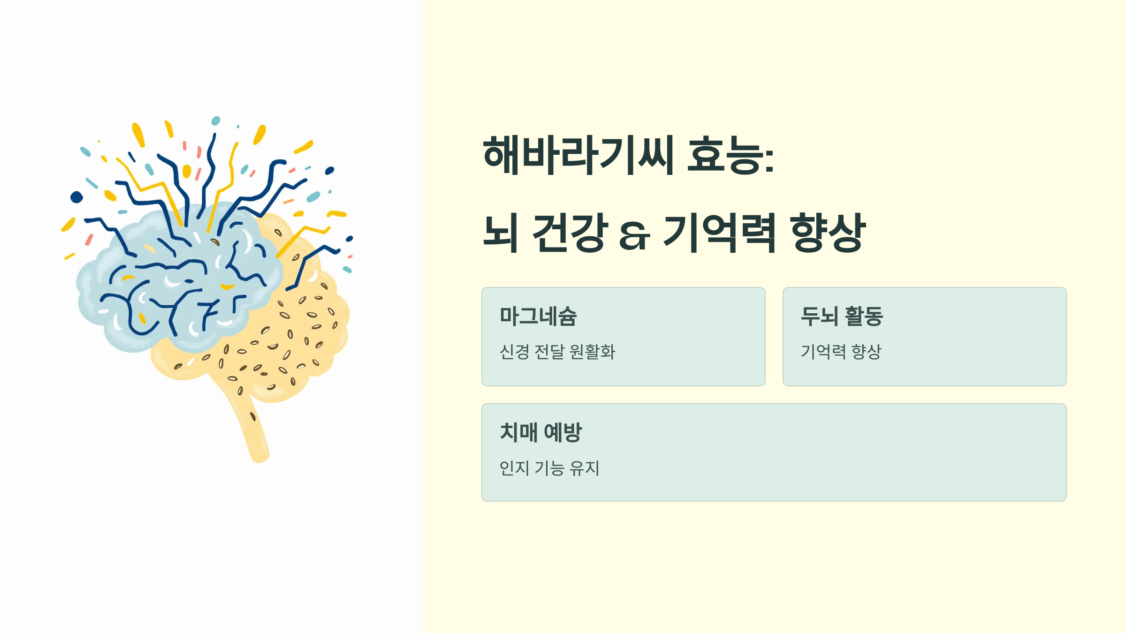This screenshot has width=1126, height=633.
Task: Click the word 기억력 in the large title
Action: (x=719, y=233)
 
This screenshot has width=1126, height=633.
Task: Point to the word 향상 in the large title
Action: (x=828, y=233)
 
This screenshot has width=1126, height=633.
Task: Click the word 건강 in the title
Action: (x=570, y=233)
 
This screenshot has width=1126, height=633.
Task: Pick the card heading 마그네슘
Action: (x=538, y=316)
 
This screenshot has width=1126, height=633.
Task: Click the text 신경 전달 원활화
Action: (x=557, y=352)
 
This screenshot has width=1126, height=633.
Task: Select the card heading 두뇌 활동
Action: (x=842, y=316)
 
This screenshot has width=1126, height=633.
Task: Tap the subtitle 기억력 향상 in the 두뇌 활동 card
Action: (x=841, y=352)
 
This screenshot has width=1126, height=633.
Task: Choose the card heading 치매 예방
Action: (x=540, y=432)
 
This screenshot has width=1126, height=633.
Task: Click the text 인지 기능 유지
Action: (x=549, y=468)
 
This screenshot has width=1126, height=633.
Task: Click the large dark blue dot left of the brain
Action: (x=76, y=197)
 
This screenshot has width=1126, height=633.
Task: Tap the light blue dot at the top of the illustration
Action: (x=216, y=121)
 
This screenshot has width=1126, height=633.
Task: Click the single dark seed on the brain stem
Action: (x=253, y=416)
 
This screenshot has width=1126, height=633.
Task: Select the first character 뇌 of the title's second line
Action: (x=501, y=233)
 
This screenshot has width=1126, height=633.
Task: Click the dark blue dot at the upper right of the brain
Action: (x=329, y=170)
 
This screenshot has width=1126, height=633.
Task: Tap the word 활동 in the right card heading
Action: (x=864, y=316)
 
